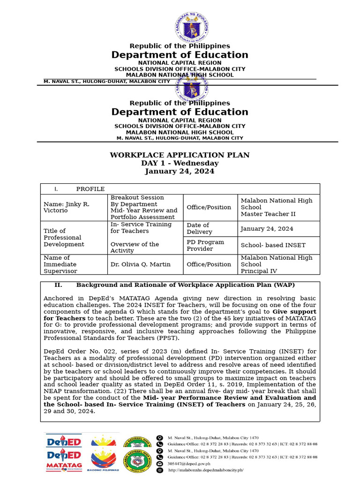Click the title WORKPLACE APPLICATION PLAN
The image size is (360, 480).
pos(180,155)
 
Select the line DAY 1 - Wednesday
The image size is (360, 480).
pos(180,163)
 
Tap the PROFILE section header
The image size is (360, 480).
pos(90,189)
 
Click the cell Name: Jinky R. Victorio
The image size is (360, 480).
pos(67,207)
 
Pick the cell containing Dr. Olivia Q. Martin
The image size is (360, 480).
pos(140,264)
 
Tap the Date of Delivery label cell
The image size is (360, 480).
pos(199,228)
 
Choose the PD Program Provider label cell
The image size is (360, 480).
pos(205,245)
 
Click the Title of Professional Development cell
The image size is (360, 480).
pos(64,237)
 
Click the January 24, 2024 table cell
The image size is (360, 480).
pos(267,229)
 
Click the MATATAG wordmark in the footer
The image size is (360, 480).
pos(64,465)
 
